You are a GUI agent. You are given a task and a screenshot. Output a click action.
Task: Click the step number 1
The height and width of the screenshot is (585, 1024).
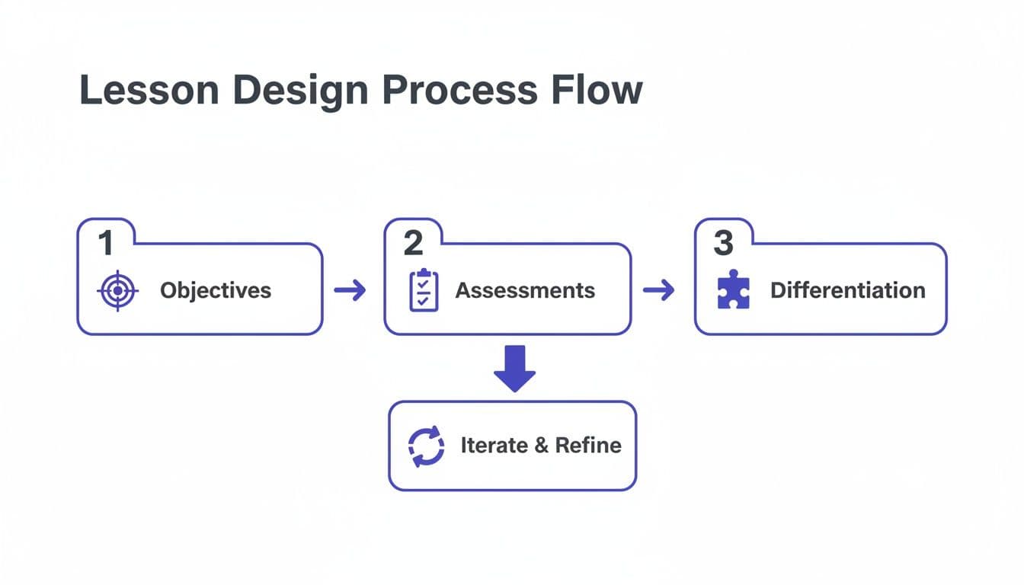click(106, 243)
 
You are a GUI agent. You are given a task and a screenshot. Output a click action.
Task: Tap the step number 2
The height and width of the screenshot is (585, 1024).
click(413, 243)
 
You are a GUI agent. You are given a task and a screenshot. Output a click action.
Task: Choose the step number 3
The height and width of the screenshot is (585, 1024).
click(723, 243)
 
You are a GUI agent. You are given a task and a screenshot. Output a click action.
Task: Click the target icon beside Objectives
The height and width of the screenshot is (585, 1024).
click(117, 290)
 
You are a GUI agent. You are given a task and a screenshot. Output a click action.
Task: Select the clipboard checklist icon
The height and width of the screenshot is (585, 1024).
click(424, 290)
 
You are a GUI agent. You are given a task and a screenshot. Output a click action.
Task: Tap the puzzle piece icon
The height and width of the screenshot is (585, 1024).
click(734, 290)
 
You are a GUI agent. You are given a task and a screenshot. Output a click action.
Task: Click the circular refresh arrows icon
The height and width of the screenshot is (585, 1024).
click(426, 446)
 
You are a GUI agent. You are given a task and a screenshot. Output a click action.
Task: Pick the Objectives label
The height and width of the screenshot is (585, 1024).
click(216, 290)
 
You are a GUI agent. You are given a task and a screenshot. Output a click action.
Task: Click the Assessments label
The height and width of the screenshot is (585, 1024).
click(525, 290)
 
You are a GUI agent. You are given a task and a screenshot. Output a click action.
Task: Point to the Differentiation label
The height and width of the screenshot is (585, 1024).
click(847, 290)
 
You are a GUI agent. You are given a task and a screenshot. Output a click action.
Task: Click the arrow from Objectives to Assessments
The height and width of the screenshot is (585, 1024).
click(350, 289)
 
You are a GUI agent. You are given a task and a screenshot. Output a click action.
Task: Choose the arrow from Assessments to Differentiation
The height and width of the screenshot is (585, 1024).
click(659, 289)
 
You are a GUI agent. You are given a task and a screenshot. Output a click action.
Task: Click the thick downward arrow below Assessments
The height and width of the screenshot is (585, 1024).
click(515, 369)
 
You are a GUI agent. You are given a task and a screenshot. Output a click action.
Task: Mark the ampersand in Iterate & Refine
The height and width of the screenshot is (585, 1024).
click(541, 446)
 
